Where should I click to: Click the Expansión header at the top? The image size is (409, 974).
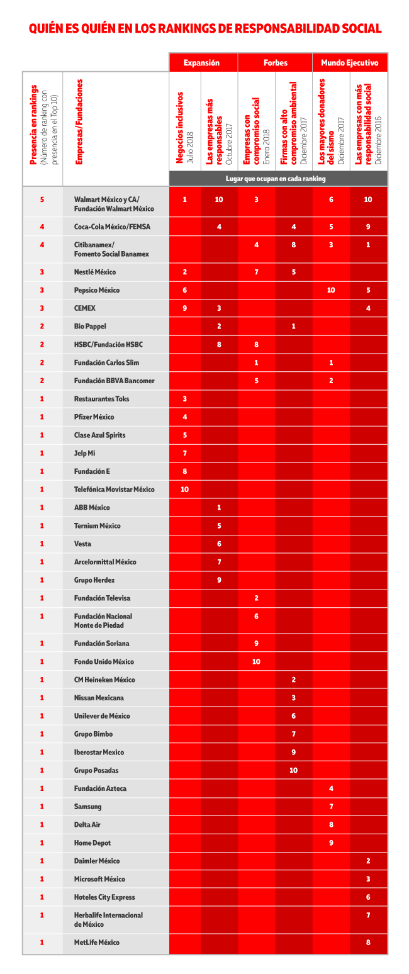coord(201,63)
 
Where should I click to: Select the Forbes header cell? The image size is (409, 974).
coord(275,63)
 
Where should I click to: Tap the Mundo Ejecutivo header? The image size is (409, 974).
coord(349,63)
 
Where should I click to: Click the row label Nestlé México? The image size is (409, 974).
coord(95,272)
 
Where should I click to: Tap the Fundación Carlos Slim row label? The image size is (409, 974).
coord(106,362)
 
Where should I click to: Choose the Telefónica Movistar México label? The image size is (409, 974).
coord(114,489)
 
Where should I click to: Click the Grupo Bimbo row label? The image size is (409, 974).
coord(93,734)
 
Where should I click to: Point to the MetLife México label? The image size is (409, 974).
coord(96,942)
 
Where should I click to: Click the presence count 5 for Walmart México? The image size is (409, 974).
coord(42,199)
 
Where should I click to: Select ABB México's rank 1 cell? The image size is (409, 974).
coord(219,507)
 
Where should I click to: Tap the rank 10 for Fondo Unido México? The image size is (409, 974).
coord(256,661)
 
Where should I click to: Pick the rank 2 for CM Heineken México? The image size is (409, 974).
coord(293,680)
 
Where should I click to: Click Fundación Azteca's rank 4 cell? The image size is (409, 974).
coord(331,788)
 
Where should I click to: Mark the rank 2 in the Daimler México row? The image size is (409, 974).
coord(368,861)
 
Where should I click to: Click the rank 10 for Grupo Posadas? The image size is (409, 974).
coord(293,770)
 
